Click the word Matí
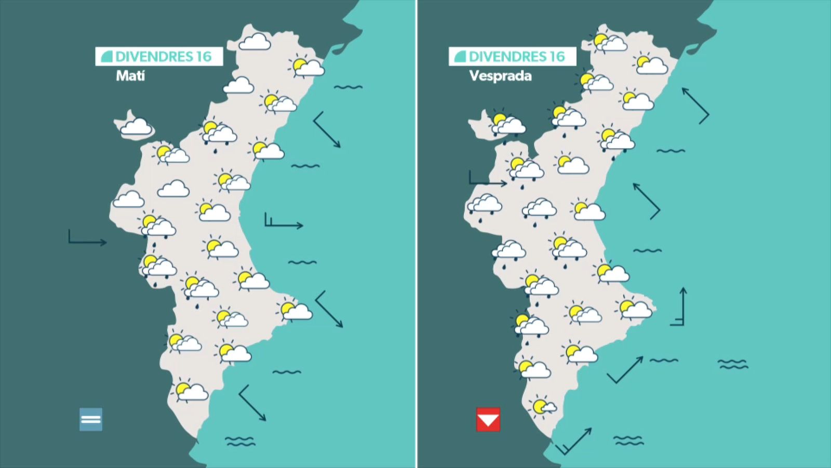(130, 76)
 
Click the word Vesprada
(500, 76)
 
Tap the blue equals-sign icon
(91, 419)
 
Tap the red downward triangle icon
(488, 420)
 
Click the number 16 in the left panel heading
(204, 56)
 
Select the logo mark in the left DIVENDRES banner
(107, 56)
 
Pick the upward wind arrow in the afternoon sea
(680, 307)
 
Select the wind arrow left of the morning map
(87, 239)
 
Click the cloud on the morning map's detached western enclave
(136, 126)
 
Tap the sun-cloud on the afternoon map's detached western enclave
(506, 123)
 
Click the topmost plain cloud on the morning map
(255, 42)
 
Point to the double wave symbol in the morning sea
(240, 441)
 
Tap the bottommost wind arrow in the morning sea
(252, 403)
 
